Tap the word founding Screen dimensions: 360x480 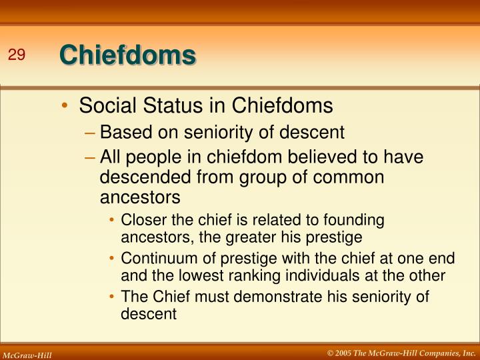tap(358, 220)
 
